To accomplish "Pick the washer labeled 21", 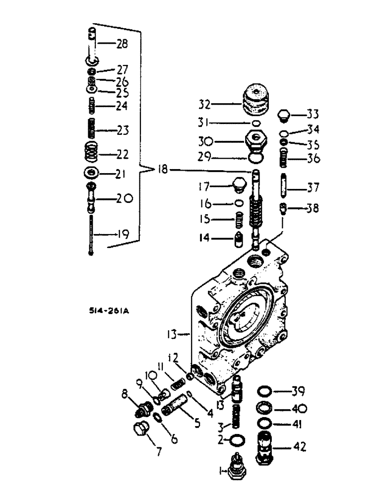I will tap(91, 173).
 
